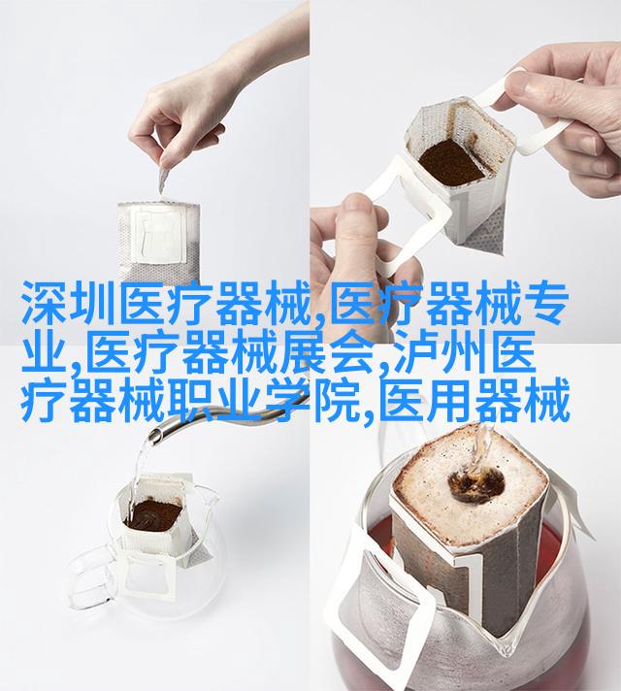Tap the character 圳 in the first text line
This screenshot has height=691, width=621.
coord(93,303)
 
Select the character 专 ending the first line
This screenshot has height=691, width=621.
coord(543,303)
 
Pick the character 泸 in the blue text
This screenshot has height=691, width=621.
coord(418,351)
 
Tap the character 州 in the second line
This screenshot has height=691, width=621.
coord(466,351)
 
